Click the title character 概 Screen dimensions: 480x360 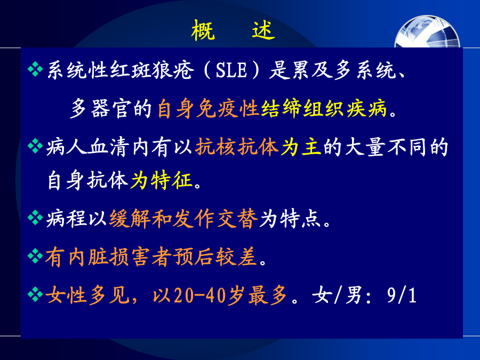[203, 30]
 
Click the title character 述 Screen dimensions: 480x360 [263, 30]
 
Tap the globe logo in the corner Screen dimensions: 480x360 [427, 31]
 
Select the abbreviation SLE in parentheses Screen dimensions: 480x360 [231, 70]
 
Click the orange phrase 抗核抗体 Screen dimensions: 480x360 [237, 147]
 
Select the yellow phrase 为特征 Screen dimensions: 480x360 [161, 180]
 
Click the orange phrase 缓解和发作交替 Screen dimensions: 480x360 [183, 219]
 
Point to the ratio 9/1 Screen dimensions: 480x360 [401, 295]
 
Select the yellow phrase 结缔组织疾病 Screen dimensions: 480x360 [324, 109]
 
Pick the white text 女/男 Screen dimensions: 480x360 [337, 295]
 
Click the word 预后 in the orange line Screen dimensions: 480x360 [194, 257]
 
